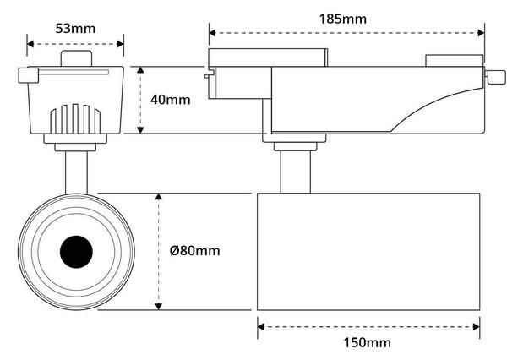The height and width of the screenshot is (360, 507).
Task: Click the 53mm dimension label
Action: (x=75, y=29)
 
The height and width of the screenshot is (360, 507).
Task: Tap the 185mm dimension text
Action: (x=343, y=19)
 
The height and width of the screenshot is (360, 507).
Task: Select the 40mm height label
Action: (x=170, y=100)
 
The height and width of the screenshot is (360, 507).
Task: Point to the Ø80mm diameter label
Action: (x=194, y=251)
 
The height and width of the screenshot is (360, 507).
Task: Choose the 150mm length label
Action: (x=367, y=342)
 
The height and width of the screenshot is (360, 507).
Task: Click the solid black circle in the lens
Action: (x=76, y=252)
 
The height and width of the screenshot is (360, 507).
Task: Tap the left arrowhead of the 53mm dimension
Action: (x=30, y=44)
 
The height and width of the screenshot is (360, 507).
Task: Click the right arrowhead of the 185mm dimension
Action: (x=481, y=33)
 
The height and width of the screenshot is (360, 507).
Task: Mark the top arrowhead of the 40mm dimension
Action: (x=140, y=70)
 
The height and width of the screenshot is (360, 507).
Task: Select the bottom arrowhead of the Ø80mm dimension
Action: (x=159, y=306)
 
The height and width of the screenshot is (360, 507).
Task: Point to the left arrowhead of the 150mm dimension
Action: (x=261, y=327)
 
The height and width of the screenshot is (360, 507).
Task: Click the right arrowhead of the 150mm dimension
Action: (x=477, y=327)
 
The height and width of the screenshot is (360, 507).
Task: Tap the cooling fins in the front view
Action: (x=75, y=118)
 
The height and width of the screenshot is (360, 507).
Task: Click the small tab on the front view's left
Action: (x=29, y=75)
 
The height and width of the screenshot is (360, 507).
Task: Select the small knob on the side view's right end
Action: (x=495, y=77)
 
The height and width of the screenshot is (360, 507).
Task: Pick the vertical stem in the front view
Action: (x=76, y=172)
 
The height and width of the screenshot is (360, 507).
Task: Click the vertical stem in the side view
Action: (x=295, y=172)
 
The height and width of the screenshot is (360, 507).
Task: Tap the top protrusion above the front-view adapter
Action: (x=76, y=58)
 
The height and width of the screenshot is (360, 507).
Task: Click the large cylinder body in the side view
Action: (x=368, y=252)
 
